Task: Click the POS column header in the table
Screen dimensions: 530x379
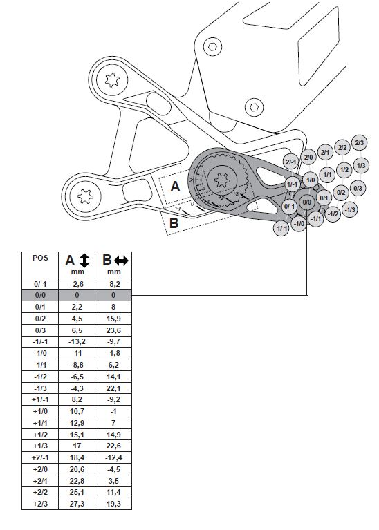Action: coord(40,257)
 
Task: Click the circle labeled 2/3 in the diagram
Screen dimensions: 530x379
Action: coord(359,143)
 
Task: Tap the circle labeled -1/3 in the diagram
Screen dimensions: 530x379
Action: coord(350,209)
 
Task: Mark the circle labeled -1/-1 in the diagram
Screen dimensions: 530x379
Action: coord(281,229)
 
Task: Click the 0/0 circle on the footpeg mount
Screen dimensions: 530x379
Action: coord(308,201)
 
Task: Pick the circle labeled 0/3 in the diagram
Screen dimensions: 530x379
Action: coord(358,188)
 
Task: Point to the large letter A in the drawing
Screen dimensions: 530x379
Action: coord(175,186)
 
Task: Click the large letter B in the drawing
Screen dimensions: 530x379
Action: coord(174,223)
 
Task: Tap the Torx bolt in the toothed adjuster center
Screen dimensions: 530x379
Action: coord(222,182)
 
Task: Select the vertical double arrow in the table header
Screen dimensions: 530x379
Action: coord(84,261)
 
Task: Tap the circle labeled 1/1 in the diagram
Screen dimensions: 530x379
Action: coord(328,176)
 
